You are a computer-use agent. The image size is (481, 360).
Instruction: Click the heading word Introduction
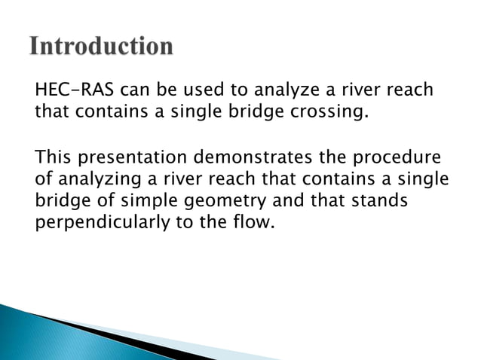pos(102,47)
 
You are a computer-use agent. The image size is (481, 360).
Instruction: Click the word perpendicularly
pos(103,224)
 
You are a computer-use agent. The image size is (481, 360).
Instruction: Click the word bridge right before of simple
pos(60,203)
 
